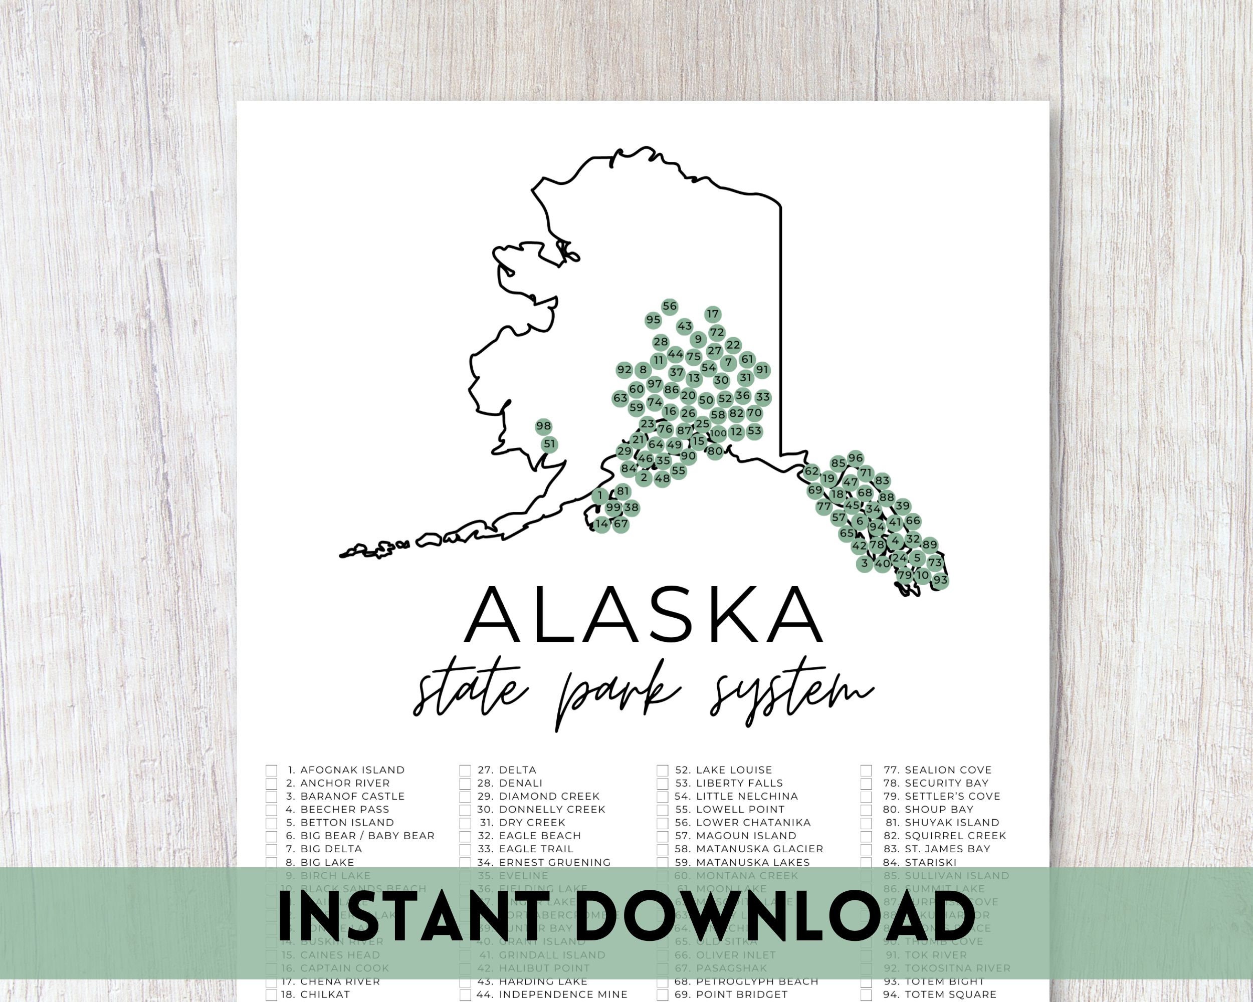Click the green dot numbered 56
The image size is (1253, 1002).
[670, 307]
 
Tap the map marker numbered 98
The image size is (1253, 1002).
[543, 426]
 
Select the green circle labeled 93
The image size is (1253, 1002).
[940, 580]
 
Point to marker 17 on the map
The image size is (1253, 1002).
[713, 314]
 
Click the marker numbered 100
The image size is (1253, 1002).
[718, 433]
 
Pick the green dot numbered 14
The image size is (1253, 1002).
[601, 524]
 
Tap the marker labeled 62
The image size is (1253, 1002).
[812, 471]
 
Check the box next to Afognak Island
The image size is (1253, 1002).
[272, 770]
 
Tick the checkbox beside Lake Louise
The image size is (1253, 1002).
[663, 770]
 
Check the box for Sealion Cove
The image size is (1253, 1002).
[866, 770]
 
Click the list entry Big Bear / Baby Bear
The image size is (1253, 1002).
[367, 836]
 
